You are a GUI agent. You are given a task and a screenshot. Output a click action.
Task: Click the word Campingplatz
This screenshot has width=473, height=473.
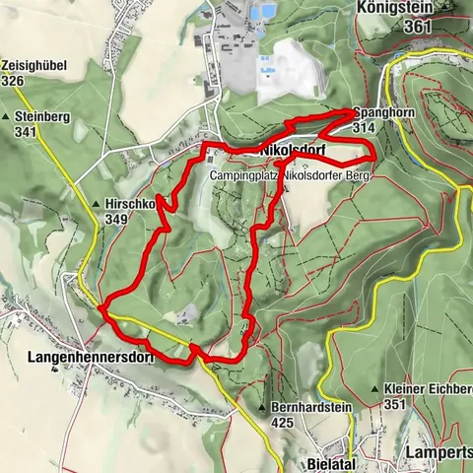(x=243, y=173)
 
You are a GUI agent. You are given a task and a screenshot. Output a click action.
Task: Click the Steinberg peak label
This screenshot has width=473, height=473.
(x=43, y=115)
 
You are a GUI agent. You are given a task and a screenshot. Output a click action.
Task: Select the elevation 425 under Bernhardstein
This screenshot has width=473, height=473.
(x=284, y=422)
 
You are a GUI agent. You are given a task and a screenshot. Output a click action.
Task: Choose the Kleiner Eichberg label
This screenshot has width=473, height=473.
(x=429, y=389)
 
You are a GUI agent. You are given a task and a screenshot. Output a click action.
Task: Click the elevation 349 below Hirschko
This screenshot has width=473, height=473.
(x=117, y=219)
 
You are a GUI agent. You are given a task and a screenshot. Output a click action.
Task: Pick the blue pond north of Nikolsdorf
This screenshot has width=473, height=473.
(x=261, y=12)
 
